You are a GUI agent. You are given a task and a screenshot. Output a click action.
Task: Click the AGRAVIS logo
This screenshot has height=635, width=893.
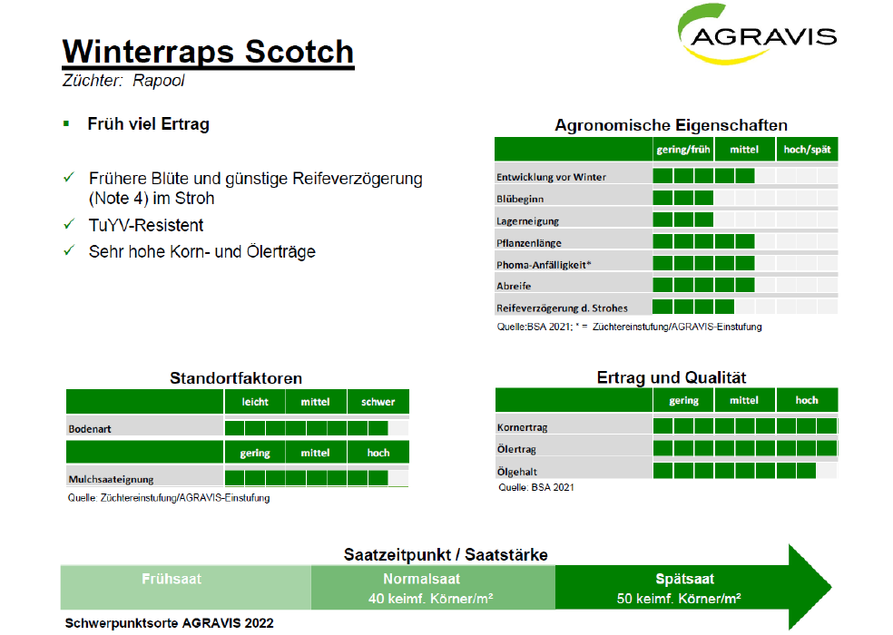[x=758, y=34]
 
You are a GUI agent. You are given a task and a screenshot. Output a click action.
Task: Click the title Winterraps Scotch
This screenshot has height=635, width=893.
[x=208, y=52]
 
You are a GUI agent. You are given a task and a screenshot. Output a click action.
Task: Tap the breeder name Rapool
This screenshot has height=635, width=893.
[x=158, y=81]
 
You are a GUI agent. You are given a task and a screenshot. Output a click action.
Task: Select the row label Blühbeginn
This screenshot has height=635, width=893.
[x=520, y=199]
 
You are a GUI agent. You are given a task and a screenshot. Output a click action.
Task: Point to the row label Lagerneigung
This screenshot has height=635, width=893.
[x=527, y=221]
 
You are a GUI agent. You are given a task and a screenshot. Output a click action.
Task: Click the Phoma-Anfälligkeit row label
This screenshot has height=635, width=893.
[x=544, y=265]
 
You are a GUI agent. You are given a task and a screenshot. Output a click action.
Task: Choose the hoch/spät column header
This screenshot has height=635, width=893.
[x=807, y=150]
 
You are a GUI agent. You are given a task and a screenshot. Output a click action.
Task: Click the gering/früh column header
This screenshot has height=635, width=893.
[x=683, y=150]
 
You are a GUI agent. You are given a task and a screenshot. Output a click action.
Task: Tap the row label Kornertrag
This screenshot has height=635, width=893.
[x=522, y=427]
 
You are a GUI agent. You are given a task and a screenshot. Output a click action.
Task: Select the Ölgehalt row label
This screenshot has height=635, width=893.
[x=517, y=472]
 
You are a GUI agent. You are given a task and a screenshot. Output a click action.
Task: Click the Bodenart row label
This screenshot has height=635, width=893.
[x=90, y=429]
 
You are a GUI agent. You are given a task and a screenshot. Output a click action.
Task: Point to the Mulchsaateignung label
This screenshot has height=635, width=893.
[x=111, y=479]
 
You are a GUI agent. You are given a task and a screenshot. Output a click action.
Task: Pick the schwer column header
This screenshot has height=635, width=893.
[x=378, y=402]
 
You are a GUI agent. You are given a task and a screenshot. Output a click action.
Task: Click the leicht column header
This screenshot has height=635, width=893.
[x=255, y=402]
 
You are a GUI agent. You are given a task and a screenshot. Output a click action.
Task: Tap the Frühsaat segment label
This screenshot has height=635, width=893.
[x=172, y=579]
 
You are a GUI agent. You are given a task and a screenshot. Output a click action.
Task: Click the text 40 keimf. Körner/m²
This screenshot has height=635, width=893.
[x=430, y=599]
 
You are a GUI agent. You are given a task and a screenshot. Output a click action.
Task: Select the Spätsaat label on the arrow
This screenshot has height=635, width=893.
[x=684, y=579]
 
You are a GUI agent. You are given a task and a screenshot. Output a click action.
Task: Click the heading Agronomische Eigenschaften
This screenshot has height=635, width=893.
[x=671, y=125]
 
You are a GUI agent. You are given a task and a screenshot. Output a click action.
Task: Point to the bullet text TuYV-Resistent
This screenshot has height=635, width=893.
[x=146, y=226]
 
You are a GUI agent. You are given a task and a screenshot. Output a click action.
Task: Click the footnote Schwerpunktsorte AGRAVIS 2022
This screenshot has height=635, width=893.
[x=169, y=623]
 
